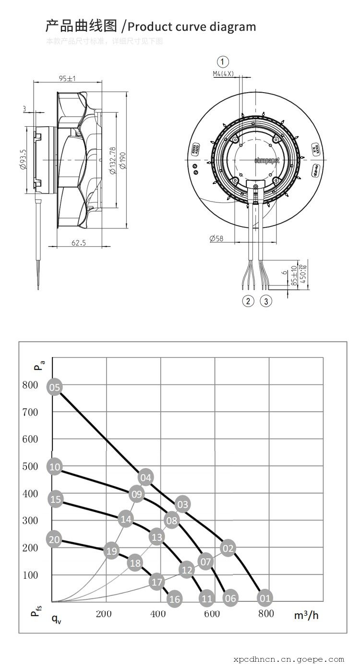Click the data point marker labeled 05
(x=55, y=387)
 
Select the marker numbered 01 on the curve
(x=265, y=598)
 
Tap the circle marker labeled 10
(x=55, y=466)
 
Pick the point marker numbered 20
(x=54, y=539)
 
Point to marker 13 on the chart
(x=157, y=537)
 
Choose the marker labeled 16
(x=175, y=599)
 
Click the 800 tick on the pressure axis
(x=30, y=384)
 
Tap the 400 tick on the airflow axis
(x=158, y=614)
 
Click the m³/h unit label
(x=306, y=614)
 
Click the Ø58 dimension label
(x=216, y=239)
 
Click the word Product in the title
(x=152, y=26)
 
